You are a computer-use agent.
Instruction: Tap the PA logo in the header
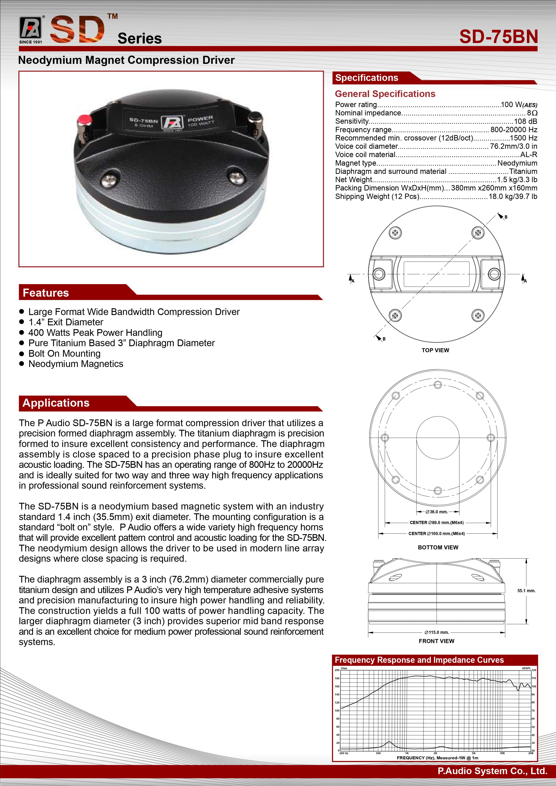pyautogui.click(x=30, y=28)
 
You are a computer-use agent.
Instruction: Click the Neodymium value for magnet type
pyautogui.click(x=517, y=163)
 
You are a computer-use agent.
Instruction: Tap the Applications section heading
pyautogui.click(x=56, y=403)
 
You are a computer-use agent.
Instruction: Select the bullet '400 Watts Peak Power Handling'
pyautogui.click(x=95, y=333)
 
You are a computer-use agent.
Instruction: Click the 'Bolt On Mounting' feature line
pyautogui.click(x=64, y=353)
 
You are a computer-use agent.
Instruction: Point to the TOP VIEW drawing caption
pyautogui.click(x=435, y=350)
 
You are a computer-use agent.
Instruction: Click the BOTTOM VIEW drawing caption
pyautogui.click(x=438, y=547)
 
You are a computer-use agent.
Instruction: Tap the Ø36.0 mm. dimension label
pyautogui.click(x=437, y=512)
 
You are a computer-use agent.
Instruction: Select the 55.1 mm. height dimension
pyautogui.click(x=526, y=591)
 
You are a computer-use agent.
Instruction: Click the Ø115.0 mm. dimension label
pyautogui.click(x=437, y=632)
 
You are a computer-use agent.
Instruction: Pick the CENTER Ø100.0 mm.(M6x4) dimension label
pyautogui.click(x=437, y=533)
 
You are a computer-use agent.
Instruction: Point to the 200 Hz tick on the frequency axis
pyautogui.click(x=344, y=753)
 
